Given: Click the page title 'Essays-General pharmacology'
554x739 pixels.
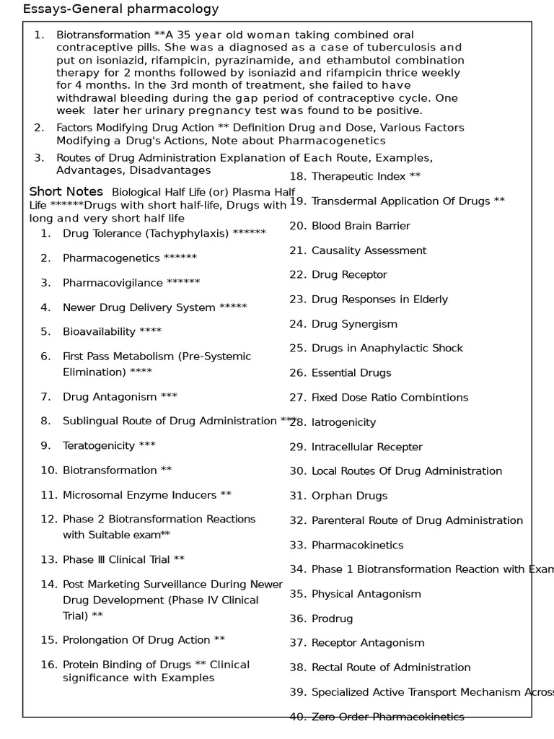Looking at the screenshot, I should pos(120,9).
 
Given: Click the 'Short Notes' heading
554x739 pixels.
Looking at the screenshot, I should pos(66,192).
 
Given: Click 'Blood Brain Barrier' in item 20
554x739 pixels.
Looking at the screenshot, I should pos(361,226).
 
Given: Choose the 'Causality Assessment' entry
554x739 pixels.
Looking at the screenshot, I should pos(369,250).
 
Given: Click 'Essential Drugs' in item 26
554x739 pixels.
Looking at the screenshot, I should pos(351,373).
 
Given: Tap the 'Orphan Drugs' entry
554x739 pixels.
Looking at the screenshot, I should pos(349,496).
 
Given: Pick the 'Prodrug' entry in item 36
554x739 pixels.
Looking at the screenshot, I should pos(332,618).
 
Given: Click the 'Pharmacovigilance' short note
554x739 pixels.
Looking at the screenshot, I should pos(113,282).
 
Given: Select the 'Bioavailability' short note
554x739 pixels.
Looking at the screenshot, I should pos(99,332).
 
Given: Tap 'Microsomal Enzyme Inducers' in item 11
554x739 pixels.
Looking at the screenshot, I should pos(139,495).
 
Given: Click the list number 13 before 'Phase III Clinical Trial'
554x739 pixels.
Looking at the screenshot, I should pos(48,559).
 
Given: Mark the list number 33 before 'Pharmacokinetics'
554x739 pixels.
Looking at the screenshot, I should pos(298,545).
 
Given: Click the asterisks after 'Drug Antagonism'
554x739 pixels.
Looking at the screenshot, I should pos(169,396).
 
